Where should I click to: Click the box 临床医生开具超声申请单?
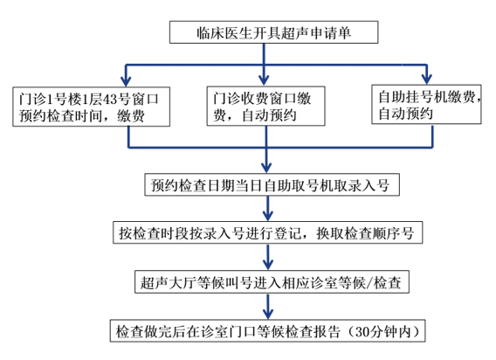coord(273,32)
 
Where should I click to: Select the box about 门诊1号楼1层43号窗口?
coord(91,107)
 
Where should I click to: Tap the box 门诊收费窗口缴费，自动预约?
coord(265,106)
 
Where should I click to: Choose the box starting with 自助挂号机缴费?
coord(426,104)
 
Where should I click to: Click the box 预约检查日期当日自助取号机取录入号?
coord(272,184)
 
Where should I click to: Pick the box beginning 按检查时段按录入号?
coord(267,232)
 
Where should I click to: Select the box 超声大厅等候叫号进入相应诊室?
coord(272,281)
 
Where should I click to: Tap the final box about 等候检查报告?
coord(267,331)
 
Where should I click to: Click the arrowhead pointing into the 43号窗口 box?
coord(126,80)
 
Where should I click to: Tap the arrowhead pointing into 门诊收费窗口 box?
coord(264,80)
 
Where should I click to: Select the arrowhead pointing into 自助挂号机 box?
coord(427,79)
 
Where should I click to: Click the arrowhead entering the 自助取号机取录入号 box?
coord(266,168)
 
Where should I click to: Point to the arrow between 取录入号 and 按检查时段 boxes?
coord(268,209)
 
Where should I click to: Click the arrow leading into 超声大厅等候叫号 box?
coord(268,257)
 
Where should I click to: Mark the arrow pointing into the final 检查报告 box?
coord(268,307)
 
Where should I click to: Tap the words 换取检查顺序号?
coord(365,233)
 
